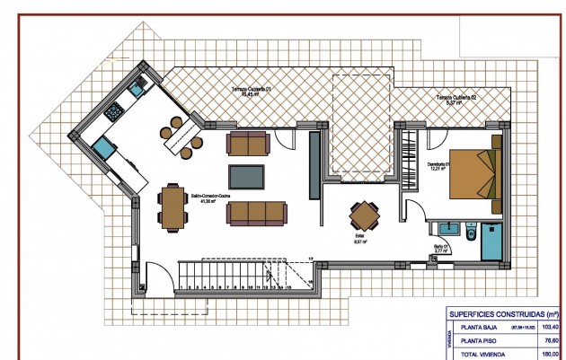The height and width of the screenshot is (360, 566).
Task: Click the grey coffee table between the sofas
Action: point(247,177)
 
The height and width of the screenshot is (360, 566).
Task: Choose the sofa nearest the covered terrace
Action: point(247,143)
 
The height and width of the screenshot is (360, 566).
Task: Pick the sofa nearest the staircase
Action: point(257,213)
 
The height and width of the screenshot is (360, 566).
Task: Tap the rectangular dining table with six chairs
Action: point(171,206)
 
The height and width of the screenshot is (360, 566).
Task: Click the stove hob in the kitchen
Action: point(116,111)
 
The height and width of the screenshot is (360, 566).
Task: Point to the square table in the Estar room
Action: point(365,215)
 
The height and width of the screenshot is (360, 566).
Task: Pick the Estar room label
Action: point(358,240)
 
